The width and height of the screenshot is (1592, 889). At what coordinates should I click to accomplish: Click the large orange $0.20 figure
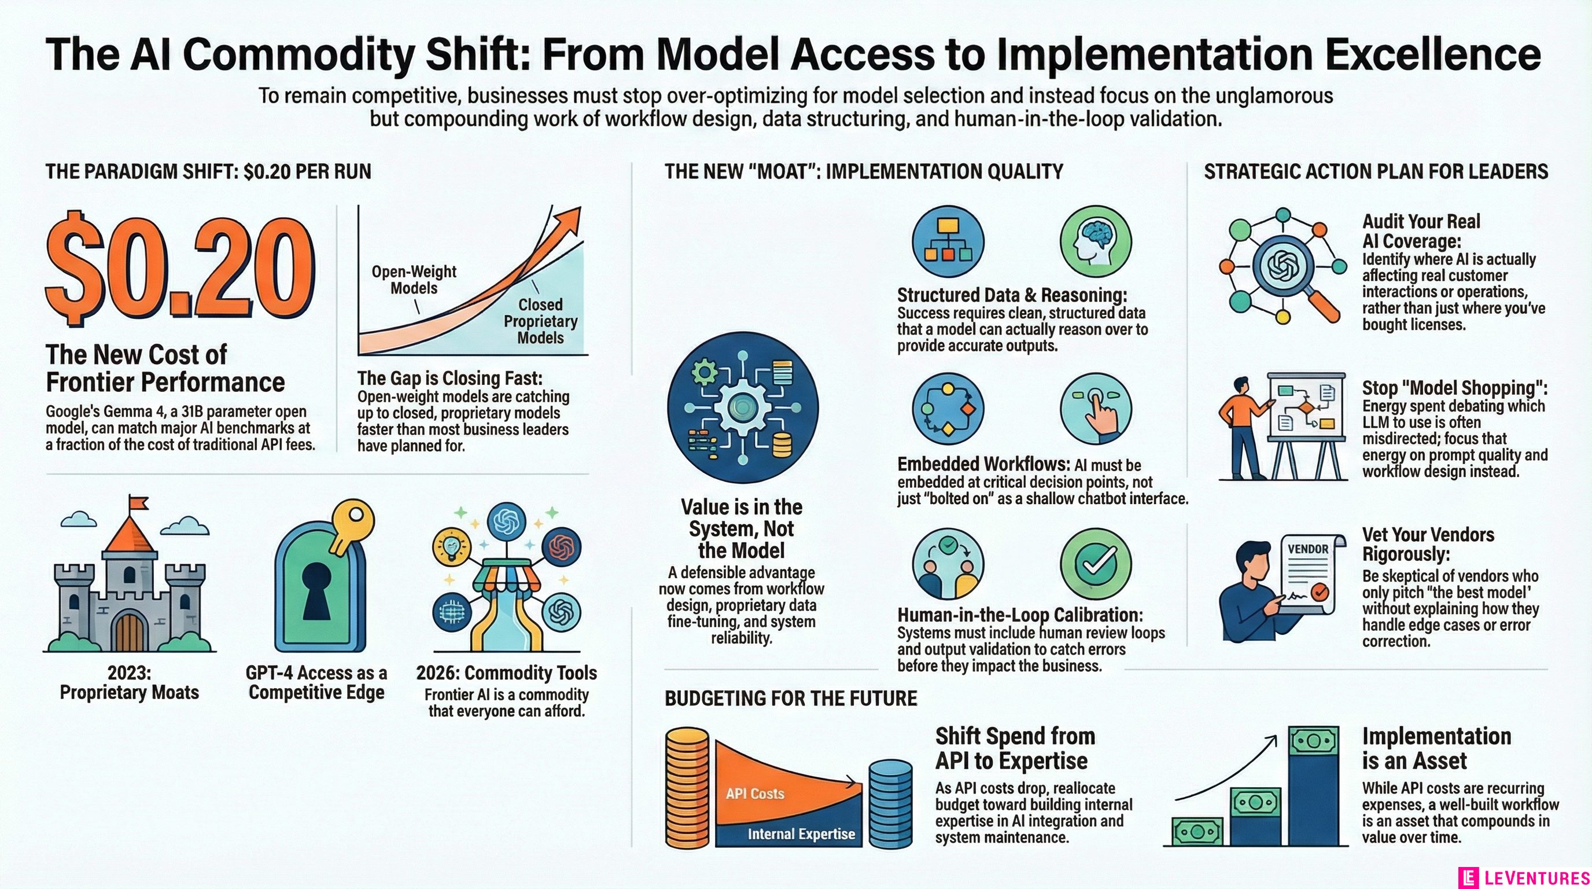[x=179, y=272]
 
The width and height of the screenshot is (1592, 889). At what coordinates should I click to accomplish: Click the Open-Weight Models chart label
[x=414, y=280]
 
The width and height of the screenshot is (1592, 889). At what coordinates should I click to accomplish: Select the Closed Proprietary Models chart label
[x=540, y=321]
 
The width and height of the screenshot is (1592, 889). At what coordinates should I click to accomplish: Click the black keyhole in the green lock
[x=320, y=590]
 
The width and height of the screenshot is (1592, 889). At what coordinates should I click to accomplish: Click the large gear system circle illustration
[x=742, y=408]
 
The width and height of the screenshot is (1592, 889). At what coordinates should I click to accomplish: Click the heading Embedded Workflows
[x=983, y=464]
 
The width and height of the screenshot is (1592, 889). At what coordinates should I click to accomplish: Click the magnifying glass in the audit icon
[x=1288, y=272]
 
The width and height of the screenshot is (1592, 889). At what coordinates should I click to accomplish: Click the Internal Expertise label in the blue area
[x=801, y=834]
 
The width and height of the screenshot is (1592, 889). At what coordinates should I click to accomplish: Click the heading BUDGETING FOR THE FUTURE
[x=790, y=699]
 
